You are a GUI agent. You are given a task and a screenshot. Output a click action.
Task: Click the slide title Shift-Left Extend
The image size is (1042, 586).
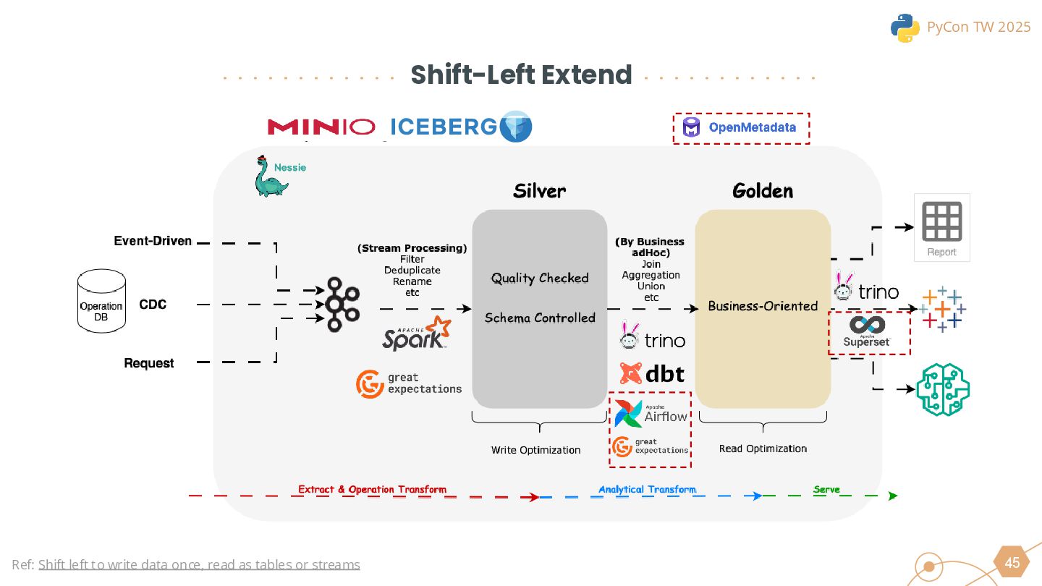coord(521,75)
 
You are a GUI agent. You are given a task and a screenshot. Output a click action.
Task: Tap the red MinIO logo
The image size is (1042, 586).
coord(321,127)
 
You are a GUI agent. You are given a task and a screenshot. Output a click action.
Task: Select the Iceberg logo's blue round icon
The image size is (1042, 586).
coord(516,127)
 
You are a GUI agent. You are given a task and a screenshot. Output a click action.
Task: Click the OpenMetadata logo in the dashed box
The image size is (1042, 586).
coord(740,128)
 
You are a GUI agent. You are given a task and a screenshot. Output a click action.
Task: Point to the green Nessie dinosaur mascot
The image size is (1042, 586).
coord(270,177)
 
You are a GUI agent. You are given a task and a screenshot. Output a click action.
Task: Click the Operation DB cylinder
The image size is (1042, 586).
coord(101,302)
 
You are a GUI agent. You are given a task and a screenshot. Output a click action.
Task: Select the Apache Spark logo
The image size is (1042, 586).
coord(417,334)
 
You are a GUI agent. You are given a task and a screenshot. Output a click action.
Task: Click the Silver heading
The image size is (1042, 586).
coord(539,191)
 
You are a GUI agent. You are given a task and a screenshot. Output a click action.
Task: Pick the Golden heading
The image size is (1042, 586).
coord(763,191)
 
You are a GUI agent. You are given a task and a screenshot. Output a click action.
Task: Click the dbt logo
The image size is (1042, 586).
coord(652,373)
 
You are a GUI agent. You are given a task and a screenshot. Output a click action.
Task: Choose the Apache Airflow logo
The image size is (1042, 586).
coord(651,414)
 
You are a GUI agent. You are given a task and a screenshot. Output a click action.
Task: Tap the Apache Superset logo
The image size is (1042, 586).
coord(867,331)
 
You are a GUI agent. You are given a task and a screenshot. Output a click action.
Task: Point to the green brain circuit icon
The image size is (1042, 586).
coord(942,389)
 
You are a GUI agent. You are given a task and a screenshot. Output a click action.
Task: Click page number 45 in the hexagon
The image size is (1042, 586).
coord(1012,563)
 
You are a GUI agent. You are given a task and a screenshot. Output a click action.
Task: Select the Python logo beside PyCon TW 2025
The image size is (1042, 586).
coord(905,27)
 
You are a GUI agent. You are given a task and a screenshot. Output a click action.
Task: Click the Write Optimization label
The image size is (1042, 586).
coord(535,450)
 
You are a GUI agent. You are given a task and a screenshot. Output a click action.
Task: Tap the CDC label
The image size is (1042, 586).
coord(153,305)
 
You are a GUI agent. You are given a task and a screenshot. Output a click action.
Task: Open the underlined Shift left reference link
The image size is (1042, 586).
coord(199,564)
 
